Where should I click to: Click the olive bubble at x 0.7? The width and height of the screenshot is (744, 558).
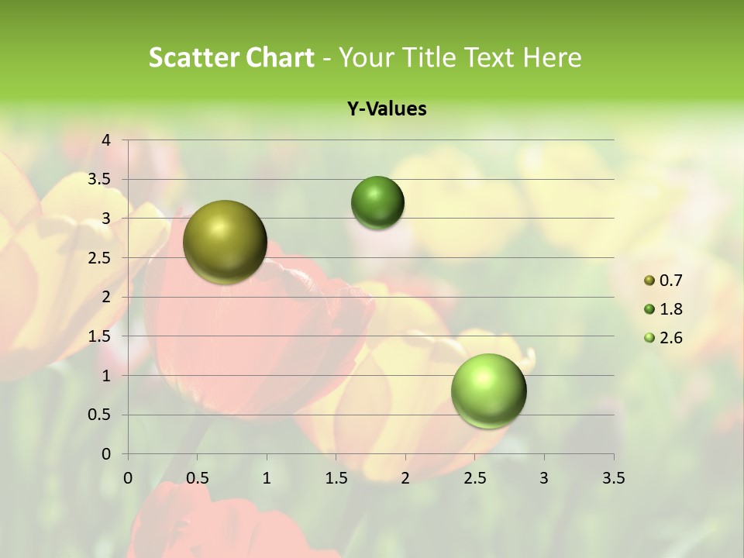point(225,242)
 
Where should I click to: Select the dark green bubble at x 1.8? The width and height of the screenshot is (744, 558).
point(377,202)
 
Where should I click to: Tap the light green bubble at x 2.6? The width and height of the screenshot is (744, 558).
point(488,391)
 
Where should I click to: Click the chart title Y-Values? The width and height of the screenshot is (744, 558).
point(386,108)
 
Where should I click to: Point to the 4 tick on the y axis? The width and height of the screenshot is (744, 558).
point(106,139)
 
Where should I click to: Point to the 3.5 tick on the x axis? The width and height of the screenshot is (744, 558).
point(613,478)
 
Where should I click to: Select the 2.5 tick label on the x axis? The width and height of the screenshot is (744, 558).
point(474,478)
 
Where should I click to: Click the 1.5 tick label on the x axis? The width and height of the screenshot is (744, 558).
point(336,478)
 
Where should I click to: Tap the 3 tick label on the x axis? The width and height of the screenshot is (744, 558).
point(543,478)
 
